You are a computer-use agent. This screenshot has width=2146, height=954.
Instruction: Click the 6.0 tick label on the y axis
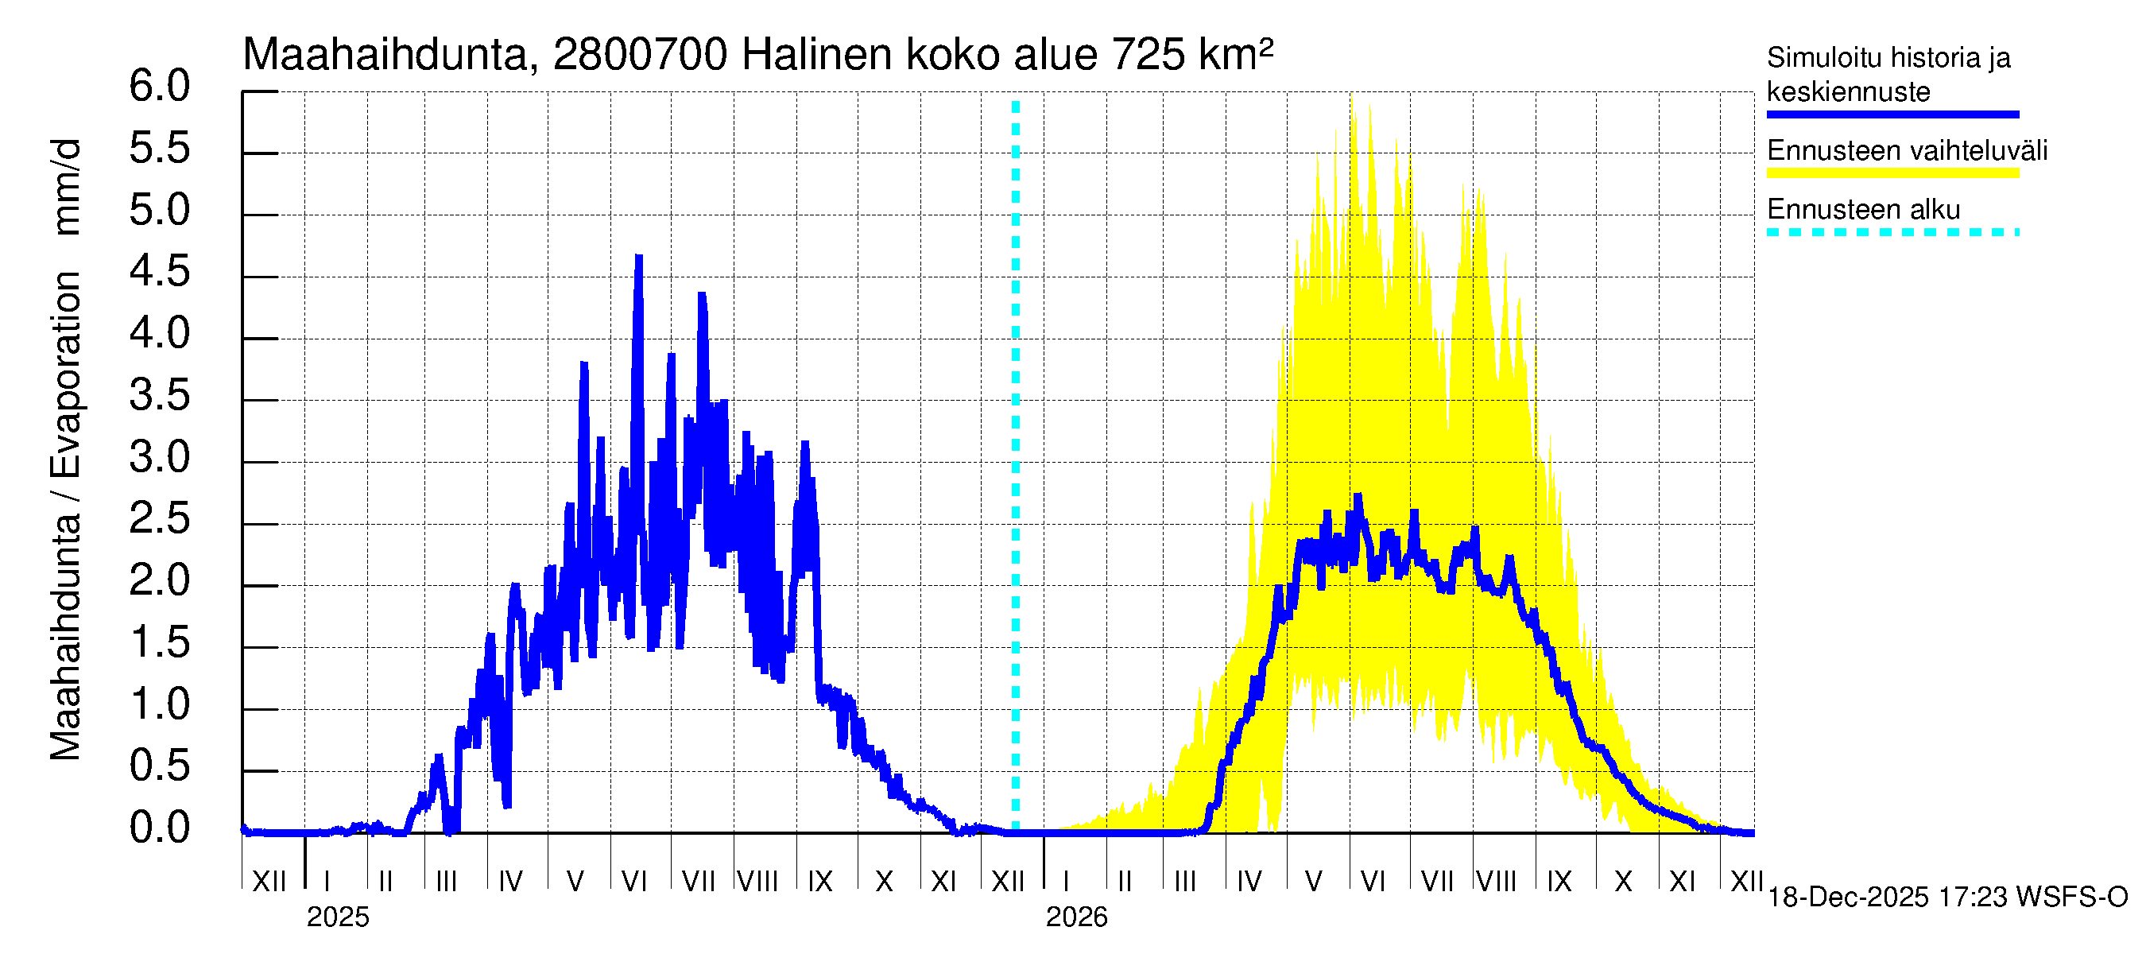159,87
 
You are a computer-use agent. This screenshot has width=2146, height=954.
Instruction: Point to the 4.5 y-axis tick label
159,273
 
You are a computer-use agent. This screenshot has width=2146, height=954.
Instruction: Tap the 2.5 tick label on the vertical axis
159,520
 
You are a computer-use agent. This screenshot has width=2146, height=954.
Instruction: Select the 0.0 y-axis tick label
159,829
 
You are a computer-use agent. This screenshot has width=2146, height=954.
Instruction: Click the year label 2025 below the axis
337,917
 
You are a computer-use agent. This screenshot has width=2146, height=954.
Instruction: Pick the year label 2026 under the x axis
1076,917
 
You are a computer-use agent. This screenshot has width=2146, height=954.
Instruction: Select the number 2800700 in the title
640,56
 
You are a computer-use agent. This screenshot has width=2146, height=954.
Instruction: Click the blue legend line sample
1892,115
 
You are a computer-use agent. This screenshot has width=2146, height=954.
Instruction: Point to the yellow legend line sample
1892,173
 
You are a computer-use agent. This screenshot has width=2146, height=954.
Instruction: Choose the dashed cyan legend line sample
1892,232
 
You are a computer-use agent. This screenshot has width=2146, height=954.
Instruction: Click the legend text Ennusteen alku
1864,210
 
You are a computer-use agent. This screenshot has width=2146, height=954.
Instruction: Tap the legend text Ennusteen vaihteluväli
1907,151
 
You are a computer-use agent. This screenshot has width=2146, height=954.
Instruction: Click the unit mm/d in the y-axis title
66,187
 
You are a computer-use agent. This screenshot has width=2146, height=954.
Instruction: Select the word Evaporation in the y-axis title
66,375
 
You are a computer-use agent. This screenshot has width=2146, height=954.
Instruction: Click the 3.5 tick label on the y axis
159,396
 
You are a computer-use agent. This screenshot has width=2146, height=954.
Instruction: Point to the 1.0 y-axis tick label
159,705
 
